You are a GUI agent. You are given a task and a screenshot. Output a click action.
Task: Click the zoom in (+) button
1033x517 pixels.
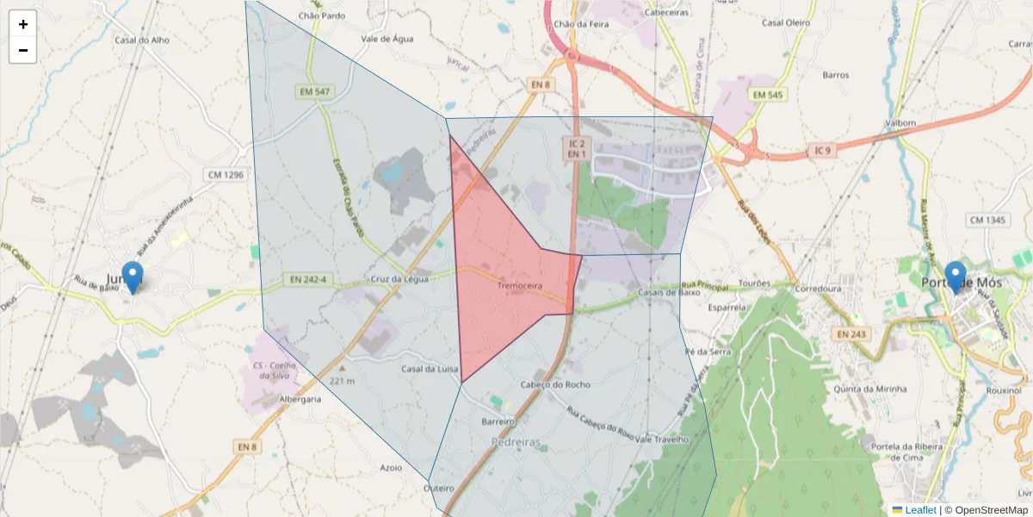point(22,24)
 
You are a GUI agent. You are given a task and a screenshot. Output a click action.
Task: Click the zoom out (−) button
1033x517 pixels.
point(22,50)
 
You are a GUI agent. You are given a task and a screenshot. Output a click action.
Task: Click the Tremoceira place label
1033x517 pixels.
point(520,283)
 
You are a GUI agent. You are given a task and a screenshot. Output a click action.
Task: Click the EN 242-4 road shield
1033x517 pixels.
point(307,279)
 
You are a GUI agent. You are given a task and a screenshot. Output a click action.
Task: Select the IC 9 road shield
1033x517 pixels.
point(822,151)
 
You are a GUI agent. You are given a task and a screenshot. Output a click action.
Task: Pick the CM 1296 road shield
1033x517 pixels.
point(226,175)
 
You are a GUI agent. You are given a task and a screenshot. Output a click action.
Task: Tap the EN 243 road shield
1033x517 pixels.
point(853,333)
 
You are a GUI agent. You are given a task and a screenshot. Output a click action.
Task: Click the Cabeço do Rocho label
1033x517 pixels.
point(556,384)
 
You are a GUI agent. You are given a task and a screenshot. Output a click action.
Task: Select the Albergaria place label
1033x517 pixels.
point(300,400)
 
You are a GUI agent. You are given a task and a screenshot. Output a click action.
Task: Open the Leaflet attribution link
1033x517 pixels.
point(919,510)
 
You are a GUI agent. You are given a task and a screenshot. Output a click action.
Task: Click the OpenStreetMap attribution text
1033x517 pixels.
point(991,510)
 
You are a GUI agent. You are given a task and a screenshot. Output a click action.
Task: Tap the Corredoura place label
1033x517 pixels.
point(818,289)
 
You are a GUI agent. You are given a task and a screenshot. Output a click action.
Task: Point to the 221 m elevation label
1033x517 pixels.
point(342,380)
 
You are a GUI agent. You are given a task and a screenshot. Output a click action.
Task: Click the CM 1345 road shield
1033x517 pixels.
point(987,221)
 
